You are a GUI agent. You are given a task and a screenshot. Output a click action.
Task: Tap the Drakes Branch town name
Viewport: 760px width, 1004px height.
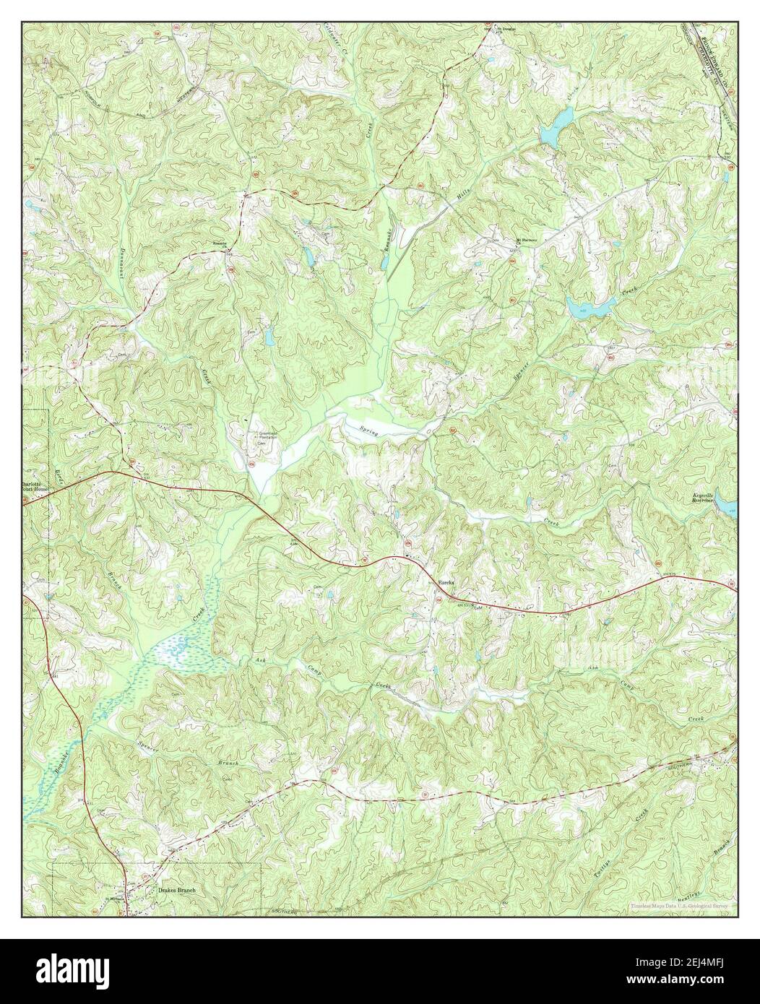(x=177, y=891)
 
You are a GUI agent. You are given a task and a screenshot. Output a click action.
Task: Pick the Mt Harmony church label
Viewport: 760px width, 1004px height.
(x=529, y=241)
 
